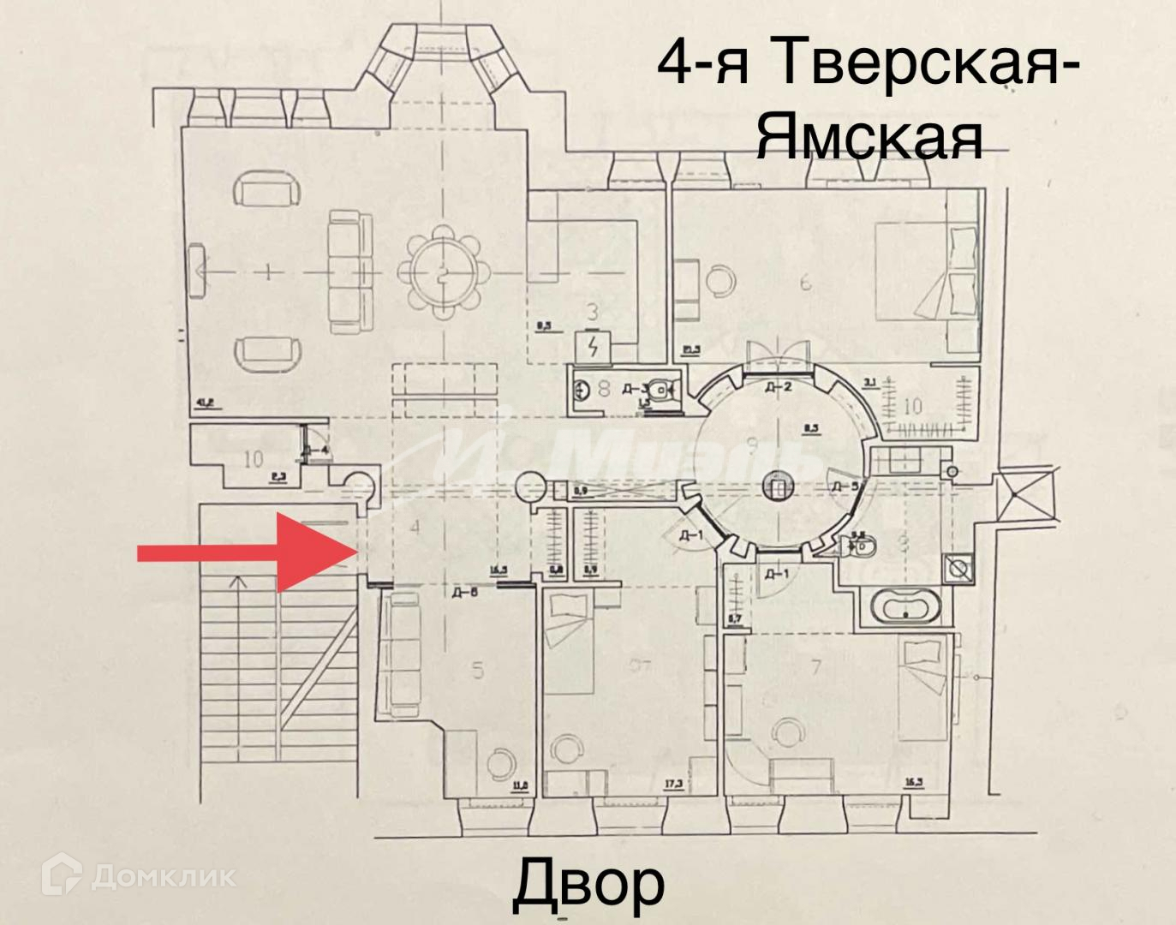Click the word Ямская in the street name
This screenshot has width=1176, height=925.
tap(869, 137)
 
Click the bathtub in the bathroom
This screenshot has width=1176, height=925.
tap(906, 609)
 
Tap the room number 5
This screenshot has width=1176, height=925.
tap(478, 670)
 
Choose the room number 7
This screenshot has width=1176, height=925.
tap(815, 666)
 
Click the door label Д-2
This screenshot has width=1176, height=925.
tap(778, 387)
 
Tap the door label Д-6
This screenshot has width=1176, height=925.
tap(464, 592)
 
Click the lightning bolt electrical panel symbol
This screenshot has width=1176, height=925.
tap(592, 348)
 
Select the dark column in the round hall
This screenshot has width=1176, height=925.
tap(777, 487)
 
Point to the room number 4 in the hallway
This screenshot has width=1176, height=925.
tap(415, 527)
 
